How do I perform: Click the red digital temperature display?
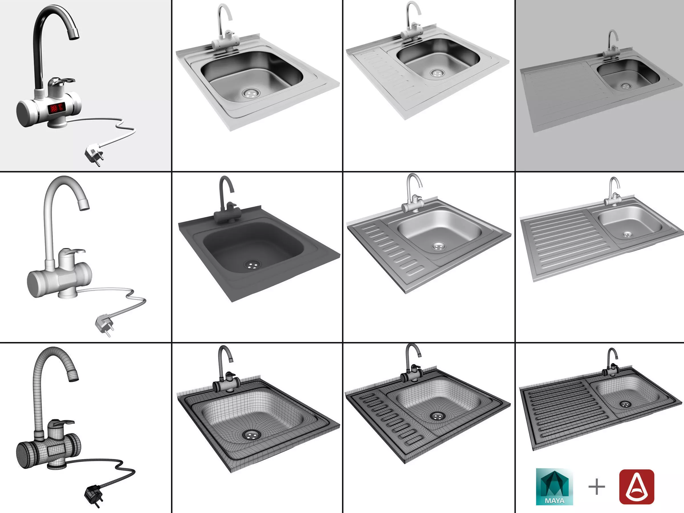pos(56,108)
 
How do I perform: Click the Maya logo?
pos(554,486)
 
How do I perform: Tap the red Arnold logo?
pos(636,486)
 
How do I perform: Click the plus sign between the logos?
pos(596,487)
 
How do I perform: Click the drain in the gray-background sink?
pos(626,86)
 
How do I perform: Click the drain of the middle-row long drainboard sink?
pos(627,234)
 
